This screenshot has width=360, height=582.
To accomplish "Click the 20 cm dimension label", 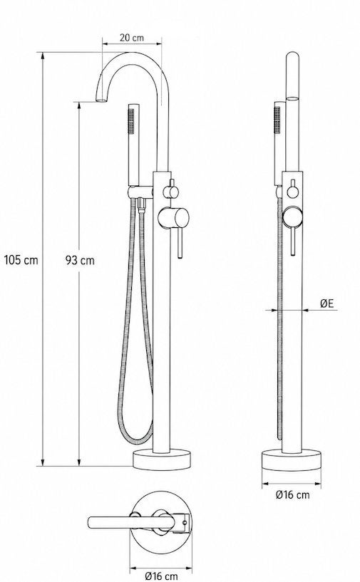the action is point(131,38).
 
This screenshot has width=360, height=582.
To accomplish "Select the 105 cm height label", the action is point(21,260).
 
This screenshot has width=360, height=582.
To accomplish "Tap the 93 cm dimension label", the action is point(80,260).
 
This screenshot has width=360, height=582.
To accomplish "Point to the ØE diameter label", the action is point(327,303).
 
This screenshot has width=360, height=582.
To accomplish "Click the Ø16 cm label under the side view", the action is point(292,494).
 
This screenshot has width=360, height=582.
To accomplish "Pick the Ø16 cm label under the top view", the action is point(161,576).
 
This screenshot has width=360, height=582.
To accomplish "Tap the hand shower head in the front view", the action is point(133,145).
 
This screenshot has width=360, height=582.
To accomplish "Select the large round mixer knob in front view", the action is point(173,218).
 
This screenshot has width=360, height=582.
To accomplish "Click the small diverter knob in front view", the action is point(171,192).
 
